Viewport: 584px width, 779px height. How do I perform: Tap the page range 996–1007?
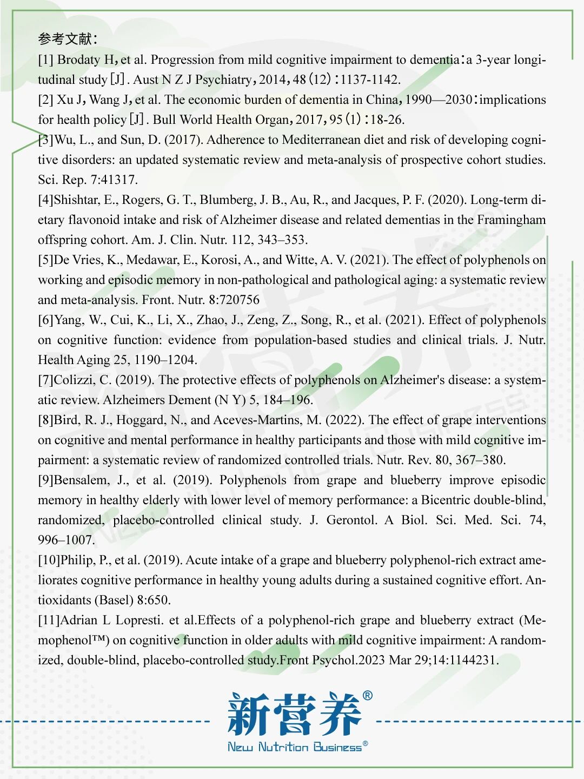pyautogui.click(x=67, y=540)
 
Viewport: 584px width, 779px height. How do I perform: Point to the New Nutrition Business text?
pyautogui.click(x=295, y=748)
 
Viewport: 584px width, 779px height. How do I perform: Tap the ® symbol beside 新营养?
pyautogui.click(x=367, y=696)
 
